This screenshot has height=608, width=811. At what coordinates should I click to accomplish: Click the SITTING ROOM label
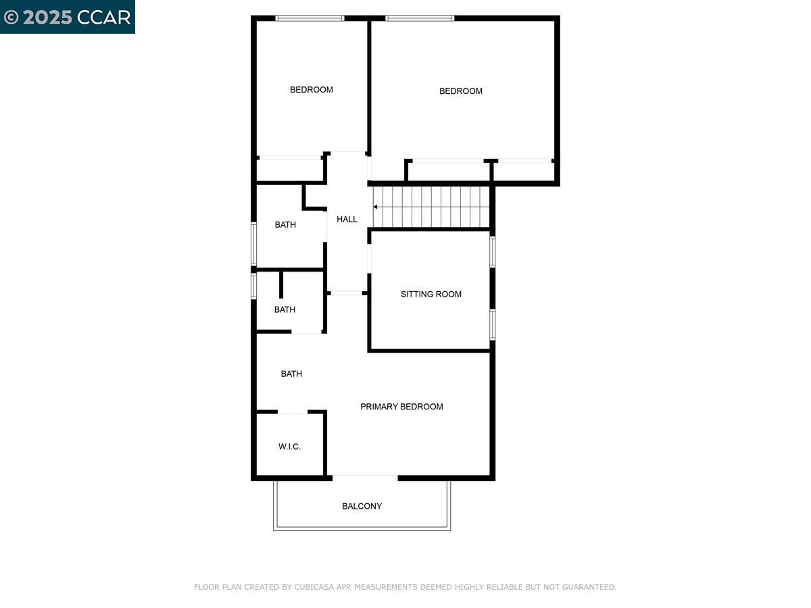(431, 294)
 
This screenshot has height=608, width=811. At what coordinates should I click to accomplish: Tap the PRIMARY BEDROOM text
(401, 407)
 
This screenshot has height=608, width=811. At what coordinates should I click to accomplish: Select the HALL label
(347, 219)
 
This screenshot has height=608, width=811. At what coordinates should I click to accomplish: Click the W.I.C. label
(289, 447)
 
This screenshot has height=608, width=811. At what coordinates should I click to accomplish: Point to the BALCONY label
(362, 506)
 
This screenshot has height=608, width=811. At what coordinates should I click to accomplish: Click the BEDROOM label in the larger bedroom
(461, 91)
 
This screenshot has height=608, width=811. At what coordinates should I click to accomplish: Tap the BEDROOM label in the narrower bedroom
(312, 89)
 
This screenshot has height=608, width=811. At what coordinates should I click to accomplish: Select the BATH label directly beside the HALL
(285, 224)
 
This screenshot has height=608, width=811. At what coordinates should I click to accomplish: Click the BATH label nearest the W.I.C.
(291, 374)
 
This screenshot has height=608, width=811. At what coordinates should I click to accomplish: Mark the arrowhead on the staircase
(376, 207)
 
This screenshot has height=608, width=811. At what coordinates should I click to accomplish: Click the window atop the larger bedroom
(420, 18)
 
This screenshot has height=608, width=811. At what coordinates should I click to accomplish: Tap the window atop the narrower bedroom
(310, 18)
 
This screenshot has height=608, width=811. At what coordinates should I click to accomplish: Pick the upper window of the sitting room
(493, 252)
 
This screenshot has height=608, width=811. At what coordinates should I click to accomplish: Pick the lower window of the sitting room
(493, 324)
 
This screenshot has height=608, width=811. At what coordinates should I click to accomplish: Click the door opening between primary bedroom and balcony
(365, 477)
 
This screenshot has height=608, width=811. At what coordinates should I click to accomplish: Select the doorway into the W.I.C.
(293, 412)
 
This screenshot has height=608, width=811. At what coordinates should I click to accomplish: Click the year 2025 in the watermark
(47, 18)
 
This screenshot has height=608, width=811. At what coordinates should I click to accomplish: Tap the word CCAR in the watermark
(104, 18)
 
